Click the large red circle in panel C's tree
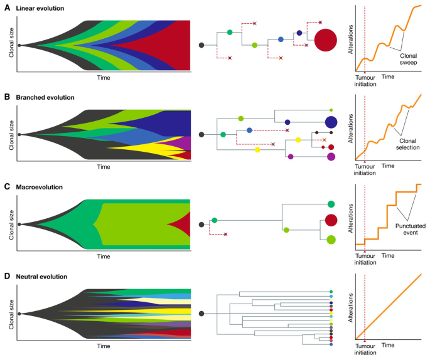tap(331, 220)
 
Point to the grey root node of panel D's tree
tap(201, 314)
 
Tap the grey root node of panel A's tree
tap(201, 45)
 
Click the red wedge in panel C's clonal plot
tap(180, 223)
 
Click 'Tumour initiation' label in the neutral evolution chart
tap(365, 348)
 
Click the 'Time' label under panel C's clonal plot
tap(104, 256)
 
